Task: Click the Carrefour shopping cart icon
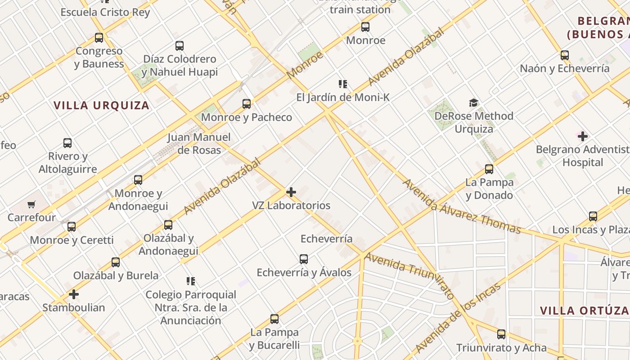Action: click(31, 205)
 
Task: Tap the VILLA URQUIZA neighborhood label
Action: click(101, 105)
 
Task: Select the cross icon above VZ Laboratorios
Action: click(291, 192)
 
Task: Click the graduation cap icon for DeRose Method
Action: click(473, 103)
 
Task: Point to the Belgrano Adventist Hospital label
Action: click(583, 156)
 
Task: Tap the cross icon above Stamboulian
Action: click(74, 295)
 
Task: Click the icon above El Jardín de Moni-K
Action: click(343, 84)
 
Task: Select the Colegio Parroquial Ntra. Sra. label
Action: click(191, 308)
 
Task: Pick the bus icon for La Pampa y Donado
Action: click(489, 169)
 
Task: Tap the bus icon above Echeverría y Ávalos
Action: click(304, 259)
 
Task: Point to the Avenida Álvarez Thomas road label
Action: click(461, 207)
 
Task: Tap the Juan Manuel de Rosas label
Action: click(199, 144)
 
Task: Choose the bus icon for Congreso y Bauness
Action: click(99, 38)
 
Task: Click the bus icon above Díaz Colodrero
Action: click(180, 45)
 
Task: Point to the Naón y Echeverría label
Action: click(565, 69)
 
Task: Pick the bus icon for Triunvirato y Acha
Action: click(501, 334)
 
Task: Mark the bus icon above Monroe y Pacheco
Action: click(247, 104)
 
